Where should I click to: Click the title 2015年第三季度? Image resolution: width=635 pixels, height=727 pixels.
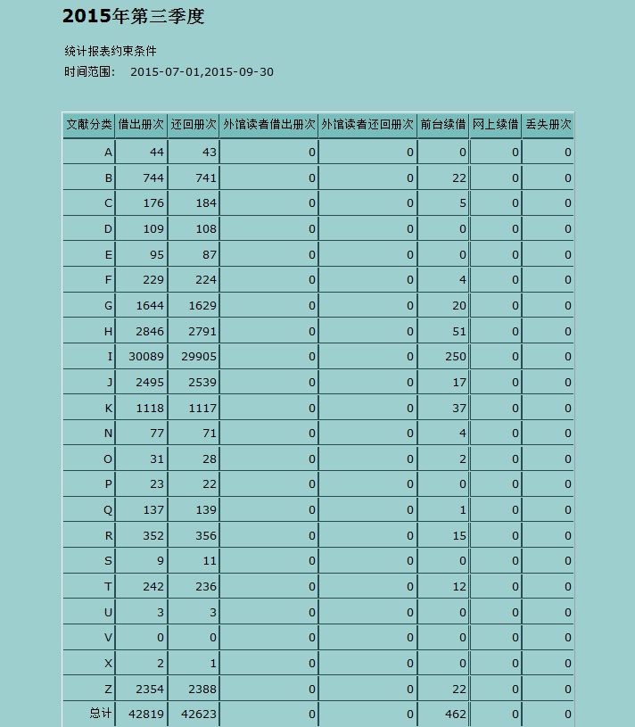pos(134,17)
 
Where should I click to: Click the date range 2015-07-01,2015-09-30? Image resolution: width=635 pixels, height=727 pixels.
pos(202,72)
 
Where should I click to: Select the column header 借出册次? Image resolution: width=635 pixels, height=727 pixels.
pos(141,126)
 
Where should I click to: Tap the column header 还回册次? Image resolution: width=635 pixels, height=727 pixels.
pos(194,126)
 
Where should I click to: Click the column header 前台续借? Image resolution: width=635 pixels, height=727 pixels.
pos(443,126)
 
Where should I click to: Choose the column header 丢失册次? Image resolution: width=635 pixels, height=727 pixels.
pos(548,126)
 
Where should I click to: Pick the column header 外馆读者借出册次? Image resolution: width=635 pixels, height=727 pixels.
pos(269,126)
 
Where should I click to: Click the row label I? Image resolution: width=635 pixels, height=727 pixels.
pos(111,357)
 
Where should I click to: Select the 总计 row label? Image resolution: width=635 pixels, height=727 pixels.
pos(101,715)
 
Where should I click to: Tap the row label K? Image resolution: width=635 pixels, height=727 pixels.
pos(109,409)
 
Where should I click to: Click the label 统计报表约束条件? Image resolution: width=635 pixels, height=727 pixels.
pos(111,51)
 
